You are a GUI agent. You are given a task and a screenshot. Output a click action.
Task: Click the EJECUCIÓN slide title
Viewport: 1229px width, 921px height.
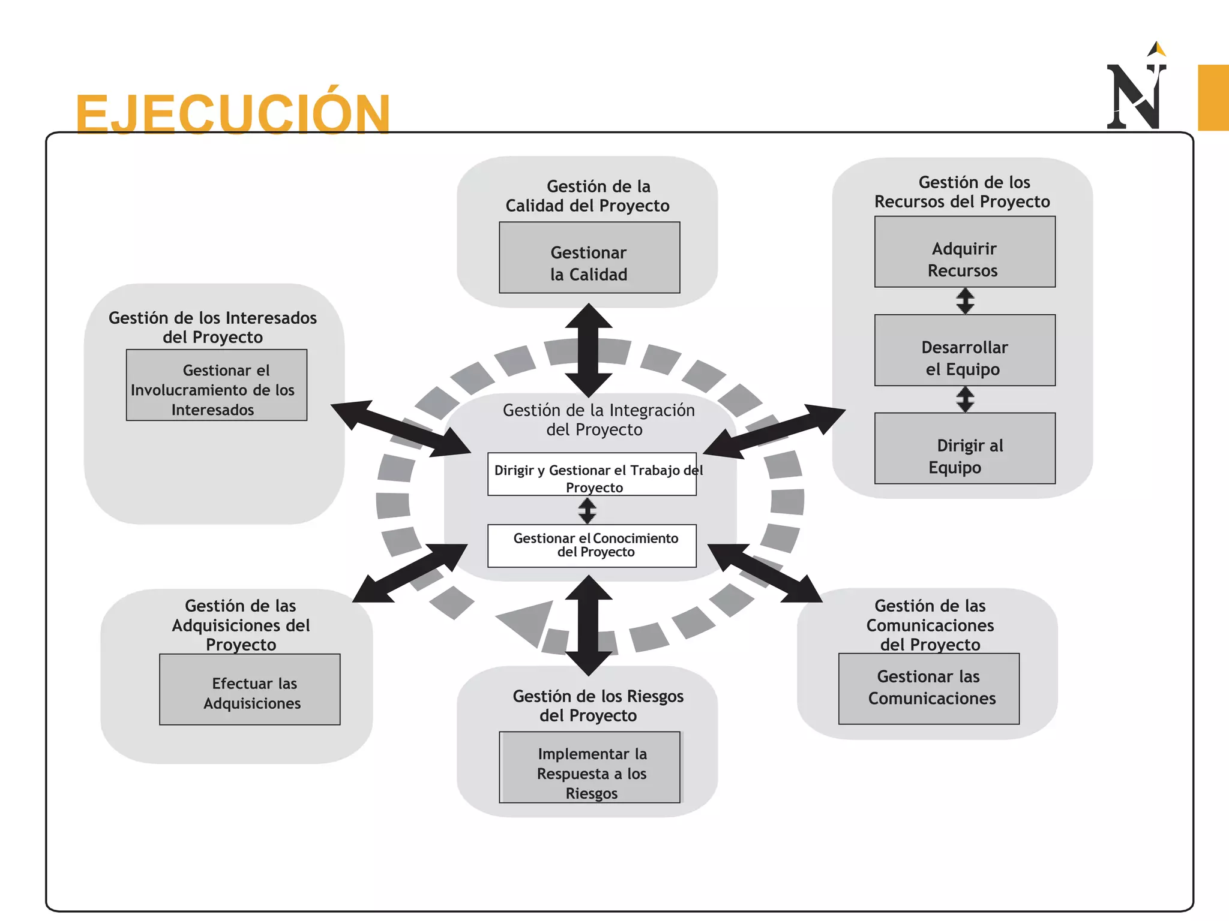233,114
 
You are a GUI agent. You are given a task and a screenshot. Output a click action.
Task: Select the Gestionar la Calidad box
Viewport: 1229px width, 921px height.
589,258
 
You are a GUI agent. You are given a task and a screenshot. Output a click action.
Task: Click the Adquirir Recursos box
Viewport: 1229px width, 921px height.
964,252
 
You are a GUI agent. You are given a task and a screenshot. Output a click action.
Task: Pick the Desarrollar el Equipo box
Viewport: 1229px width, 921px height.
964,350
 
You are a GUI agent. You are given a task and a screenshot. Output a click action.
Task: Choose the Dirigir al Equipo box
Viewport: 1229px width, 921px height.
964,449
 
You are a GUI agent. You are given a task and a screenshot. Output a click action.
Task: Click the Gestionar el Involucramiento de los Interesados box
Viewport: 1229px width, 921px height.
216,385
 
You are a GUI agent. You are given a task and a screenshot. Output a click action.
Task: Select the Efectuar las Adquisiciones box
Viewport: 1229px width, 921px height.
250,690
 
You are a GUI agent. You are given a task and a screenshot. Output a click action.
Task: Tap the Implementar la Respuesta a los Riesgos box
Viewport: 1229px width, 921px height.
589,767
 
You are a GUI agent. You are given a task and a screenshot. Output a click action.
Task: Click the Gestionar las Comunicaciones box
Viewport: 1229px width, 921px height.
928,689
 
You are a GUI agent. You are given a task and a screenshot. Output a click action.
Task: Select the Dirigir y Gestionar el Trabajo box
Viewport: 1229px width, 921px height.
592,474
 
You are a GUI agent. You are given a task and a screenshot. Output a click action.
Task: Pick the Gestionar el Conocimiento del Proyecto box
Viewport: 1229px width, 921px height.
592,546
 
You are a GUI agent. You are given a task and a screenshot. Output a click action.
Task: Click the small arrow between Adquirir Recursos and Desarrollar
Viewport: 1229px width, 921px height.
965,301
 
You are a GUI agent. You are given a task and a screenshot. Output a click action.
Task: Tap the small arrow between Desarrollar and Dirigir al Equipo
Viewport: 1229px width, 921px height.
965,399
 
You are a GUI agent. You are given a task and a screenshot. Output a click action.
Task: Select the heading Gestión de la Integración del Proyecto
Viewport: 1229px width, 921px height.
598,420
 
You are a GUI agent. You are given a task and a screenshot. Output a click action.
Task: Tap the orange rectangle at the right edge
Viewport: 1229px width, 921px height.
1213,97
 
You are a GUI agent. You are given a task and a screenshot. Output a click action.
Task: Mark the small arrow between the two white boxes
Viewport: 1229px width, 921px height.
587,511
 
